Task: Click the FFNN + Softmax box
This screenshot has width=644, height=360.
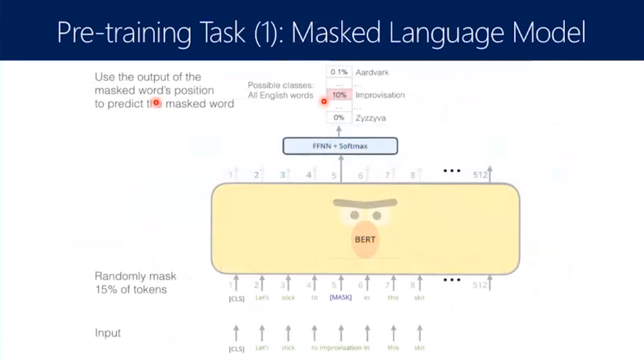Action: point(341,146)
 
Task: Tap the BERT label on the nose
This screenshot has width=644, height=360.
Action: point(365,240)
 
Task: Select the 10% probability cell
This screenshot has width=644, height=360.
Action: point(339,95)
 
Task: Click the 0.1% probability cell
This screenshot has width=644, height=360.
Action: point(339,72)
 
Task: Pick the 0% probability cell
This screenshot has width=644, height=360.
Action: point(339,118)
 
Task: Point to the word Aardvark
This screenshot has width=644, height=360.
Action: point(373,72)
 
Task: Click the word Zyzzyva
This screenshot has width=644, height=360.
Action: point(371,118)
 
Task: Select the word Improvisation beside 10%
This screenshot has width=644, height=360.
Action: point(380,95)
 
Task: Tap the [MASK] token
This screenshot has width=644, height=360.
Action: point(340,298)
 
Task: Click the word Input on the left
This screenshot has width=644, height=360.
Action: point(108,333)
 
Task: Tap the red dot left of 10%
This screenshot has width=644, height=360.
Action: point(324,101)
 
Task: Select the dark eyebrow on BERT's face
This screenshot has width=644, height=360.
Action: point(365,203)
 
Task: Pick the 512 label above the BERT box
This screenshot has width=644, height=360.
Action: point(480,176)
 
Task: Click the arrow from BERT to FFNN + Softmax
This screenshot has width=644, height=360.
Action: point(341,169)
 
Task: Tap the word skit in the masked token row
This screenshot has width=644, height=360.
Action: point(419,298)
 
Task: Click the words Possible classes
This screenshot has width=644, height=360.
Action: point(281,85)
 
